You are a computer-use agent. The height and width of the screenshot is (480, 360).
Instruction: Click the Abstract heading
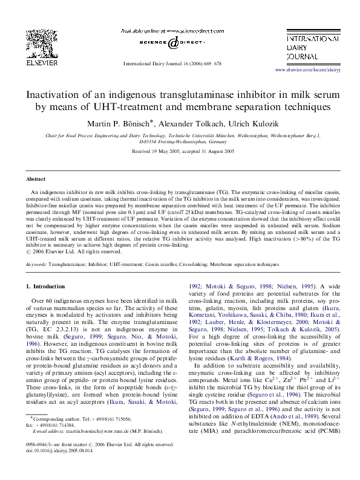(x=35, y=180)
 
